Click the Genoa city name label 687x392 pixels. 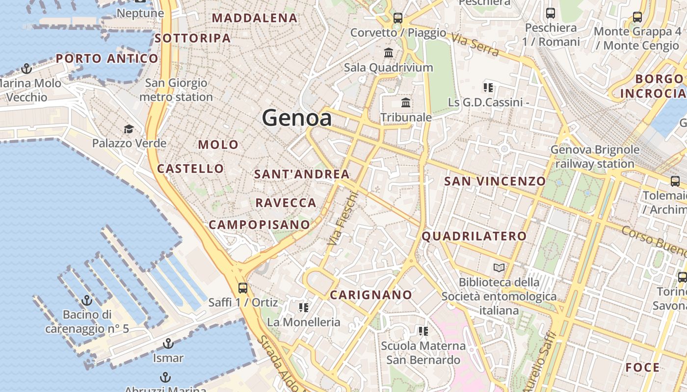[296, 118]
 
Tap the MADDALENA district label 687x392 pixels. [255, 18]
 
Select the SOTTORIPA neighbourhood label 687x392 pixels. [192, 38]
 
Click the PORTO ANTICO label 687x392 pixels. [107, 59]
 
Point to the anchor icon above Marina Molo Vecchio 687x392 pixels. [26, 69]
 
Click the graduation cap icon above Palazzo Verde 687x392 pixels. [129, 129]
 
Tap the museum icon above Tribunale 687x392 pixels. [406, 103]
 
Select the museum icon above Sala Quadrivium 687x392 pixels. [389, 52]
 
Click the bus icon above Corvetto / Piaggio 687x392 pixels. [398, 18]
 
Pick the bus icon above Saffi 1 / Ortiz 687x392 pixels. [242, 288]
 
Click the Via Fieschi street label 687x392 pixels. [343, 219]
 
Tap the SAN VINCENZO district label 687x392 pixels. [495, 181]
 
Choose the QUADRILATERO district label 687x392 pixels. [474, 236]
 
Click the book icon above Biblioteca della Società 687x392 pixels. [499, 268]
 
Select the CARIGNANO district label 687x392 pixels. [370, 295]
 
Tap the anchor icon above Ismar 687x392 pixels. [168, 343]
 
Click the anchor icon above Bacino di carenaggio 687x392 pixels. [87, 300]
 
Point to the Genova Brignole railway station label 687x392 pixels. [595, 156]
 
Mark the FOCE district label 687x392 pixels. [642, 367]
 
